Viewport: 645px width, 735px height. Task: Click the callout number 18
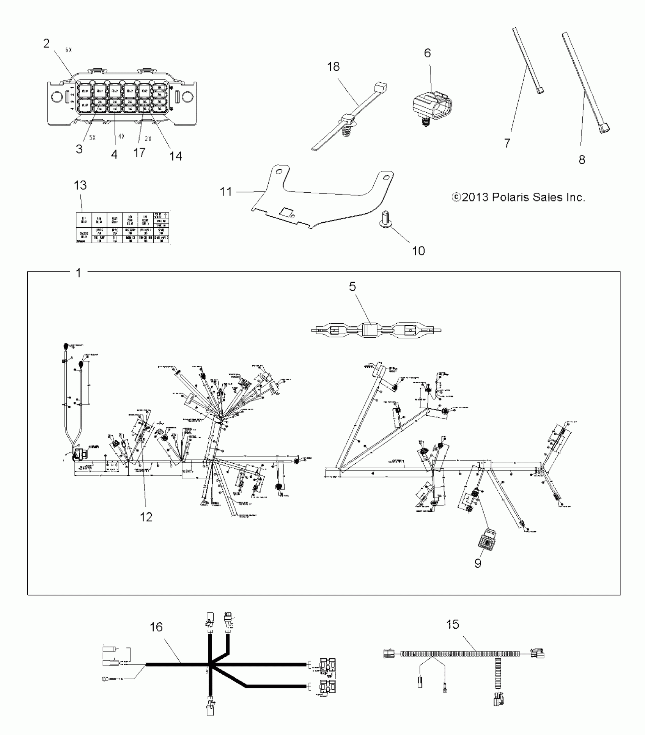[x=333, y=67]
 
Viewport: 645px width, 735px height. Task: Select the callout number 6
[x=427, y=53]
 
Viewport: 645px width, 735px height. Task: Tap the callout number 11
[x=226, y=192]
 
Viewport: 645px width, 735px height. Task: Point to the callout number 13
[x=80, y=185]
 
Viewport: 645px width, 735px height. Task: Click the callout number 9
[x=478, y=573]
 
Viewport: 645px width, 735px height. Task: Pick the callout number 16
[x=156, y=627]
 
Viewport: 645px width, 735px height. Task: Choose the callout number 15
[x=453, y=624]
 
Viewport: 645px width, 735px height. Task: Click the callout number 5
[x=352, y=286]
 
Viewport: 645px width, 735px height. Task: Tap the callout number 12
[x=146, y=516]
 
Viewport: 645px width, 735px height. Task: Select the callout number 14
[x=176, y=156]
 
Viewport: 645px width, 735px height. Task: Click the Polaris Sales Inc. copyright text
[x=518, y=197]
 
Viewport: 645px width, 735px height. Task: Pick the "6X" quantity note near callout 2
[x=68, y=50]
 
